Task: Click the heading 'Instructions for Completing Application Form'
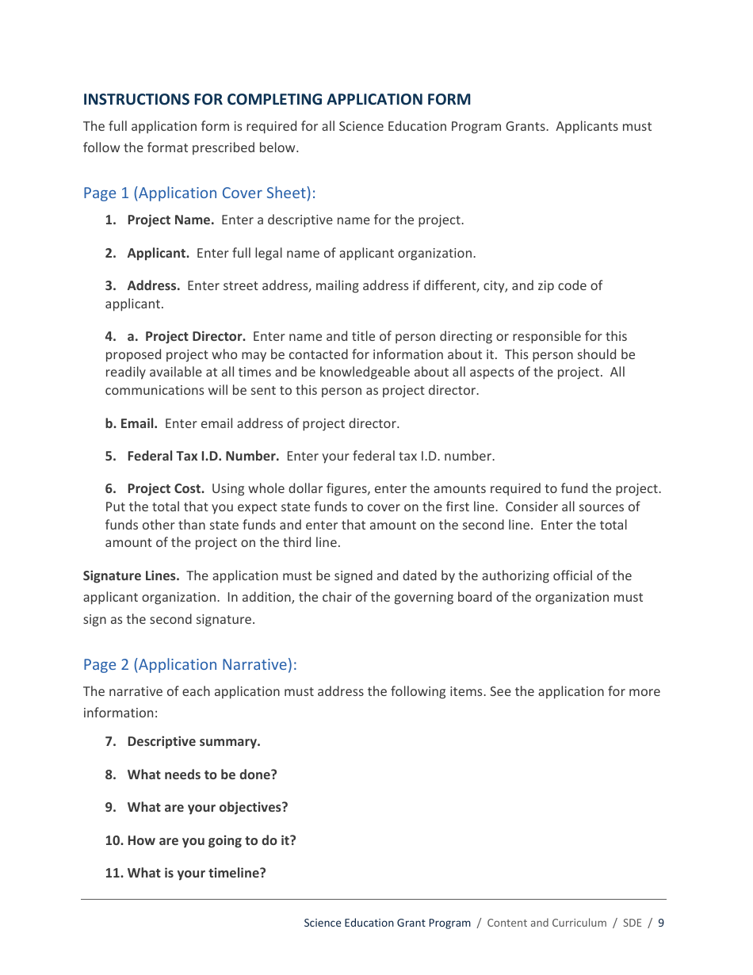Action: pos(277,100)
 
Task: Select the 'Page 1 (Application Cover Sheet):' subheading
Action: pos(199,193)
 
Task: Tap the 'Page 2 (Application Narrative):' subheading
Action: pos(189,665)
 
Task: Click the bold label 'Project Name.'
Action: pos(170,220)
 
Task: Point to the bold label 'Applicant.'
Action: pos(158,254)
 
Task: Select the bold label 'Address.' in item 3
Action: pos(153,286)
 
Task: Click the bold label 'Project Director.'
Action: pos(195,337)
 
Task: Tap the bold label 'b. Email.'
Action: pos(131,424)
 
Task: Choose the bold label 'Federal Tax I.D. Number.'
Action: pos(203,457)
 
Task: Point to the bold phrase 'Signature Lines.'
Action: pos(132,576)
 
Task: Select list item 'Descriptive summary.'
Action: pos(193,742)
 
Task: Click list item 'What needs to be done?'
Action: pos(201,775)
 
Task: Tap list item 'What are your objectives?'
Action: pos(207,808)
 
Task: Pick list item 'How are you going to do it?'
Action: pos(211,841)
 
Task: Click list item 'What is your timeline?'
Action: pos(196,874)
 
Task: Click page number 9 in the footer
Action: pos(661,923)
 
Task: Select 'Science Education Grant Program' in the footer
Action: pos(387,923)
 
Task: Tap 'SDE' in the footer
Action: pos(632,923)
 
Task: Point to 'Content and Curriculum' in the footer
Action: pos(546,923)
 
